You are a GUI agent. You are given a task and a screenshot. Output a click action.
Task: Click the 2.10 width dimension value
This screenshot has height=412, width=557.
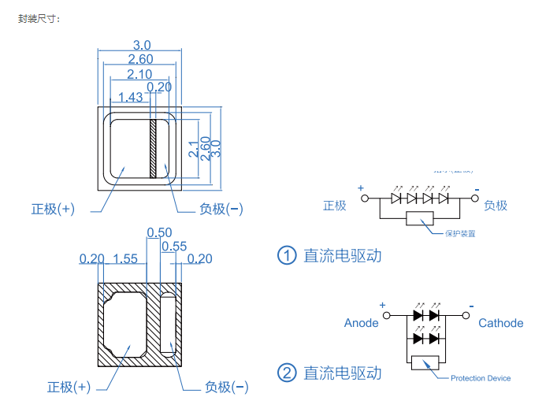click(139, 73)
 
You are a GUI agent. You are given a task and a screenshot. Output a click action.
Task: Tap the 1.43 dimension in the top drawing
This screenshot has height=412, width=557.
click(130, 97)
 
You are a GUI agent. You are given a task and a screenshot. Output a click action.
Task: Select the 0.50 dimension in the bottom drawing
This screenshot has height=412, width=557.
click(160, 232)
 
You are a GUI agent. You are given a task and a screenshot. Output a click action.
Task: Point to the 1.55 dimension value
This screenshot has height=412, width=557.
click(125, 258)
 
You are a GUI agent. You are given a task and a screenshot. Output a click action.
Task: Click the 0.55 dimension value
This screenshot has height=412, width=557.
click(174, 247)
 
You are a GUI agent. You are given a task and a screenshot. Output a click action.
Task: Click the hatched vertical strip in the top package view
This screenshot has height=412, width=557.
click(154, 149)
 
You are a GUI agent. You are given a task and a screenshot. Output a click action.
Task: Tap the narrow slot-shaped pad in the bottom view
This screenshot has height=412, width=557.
click(167, 322)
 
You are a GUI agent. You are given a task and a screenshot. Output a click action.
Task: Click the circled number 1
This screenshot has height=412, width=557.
click(287, 255)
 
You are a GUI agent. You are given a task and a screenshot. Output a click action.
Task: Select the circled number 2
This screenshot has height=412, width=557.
click(287, 373)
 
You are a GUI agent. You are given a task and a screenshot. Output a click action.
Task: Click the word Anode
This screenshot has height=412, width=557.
click(361, 323)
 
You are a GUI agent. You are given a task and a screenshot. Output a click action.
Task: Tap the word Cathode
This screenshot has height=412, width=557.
click(500, 323)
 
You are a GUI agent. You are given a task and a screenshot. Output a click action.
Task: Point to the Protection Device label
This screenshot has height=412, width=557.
click(481, 378)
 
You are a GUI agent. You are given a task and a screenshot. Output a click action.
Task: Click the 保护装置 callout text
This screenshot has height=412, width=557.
click(460, 233)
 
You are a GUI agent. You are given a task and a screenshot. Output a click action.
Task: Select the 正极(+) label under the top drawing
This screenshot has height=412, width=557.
click(53, 209)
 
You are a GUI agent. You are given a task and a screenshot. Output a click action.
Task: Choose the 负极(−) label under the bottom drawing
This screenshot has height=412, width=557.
click(226, 387)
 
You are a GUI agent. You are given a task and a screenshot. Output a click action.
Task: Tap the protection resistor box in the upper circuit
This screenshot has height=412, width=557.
click(420, 218)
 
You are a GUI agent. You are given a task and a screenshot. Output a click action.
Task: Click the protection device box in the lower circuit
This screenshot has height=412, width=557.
click(425, 363)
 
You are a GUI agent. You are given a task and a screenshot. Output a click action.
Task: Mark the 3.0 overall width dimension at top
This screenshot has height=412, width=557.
click(141, 46)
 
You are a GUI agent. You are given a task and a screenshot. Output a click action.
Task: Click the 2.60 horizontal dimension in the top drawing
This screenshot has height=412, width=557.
click(139, 59)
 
